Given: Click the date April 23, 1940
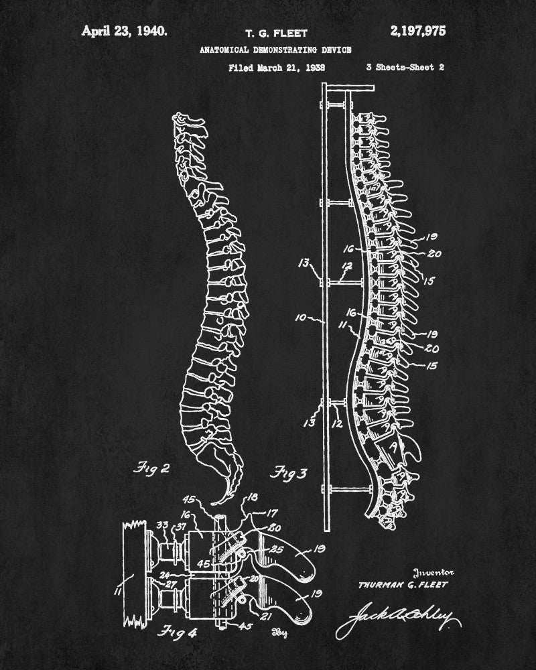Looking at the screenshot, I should (x=125, y=30).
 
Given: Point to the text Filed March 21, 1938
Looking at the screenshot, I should (x=277, y=67).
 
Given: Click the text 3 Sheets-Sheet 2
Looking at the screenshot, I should (x=405, y=67).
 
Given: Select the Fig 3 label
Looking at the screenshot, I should (x=288, y=473).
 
